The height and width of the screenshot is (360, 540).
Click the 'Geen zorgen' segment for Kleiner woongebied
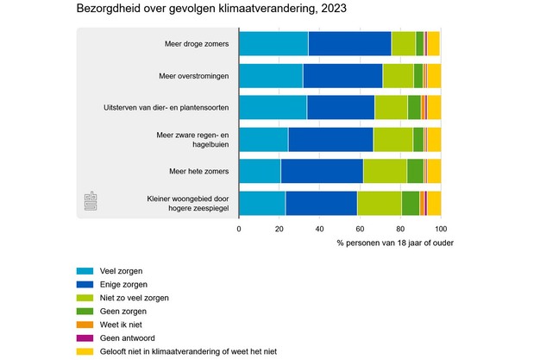tap(410, 203)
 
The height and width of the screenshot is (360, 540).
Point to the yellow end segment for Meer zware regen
tap(434, 139)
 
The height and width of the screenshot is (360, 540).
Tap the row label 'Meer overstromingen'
tap(194, 76)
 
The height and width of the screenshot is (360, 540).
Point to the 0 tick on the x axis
tap(239, 230)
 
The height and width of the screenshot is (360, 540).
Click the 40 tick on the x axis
tap(319, 230)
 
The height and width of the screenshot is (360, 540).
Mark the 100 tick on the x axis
tap(440, 230)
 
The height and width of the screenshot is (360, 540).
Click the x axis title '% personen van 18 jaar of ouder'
tap(396, 243)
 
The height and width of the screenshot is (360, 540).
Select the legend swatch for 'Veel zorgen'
tap(85, 271)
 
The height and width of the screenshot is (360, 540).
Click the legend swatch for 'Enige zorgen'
tap(85, 284)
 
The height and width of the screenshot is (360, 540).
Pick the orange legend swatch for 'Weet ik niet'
tap(85, 325)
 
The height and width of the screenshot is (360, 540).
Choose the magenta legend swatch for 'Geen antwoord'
tap(85, 338)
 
